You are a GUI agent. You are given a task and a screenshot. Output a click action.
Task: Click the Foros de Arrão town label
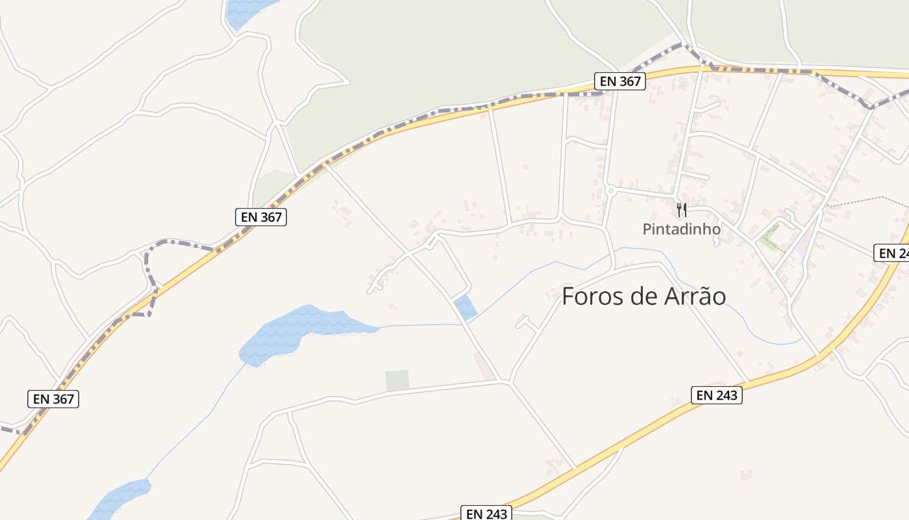tap(643, 296)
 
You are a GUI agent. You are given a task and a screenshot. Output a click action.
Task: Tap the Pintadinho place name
tap(681, 229)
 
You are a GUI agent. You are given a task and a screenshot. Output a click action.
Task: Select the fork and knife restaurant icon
tap(681, 209)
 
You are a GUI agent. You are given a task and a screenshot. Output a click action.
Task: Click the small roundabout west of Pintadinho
tap(610, 190)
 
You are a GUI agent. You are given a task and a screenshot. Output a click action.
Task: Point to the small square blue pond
tap(466, 307)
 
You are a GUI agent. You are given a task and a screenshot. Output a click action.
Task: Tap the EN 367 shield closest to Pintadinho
tap(619, 81)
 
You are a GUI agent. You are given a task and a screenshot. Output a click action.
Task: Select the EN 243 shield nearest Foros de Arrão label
tap(716, 395)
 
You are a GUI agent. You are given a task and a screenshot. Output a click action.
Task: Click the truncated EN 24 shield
tap(893, 253)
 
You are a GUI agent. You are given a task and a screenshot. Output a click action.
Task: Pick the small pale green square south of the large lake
tap(397, 380)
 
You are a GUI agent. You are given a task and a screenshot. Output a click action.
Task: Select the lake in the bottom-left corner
tap(120, 497)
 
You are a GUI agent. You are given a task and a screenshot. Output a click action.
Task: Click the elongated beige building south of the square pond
tap(484, 366)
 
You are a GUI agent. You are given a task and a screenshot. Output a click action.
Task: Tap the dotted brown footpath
tap(864, 200)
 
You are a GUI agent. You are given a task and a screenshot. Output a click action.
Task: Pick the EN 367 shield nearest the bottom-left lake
tap(53, 398)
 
